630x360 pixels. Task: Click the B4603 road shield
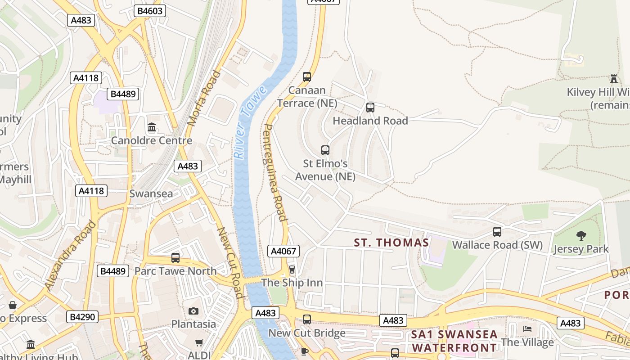point(150,11)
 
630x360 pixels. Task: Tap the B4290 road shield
point(83,317)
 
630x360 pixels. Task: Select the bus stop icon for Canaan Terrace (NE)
point(307,76)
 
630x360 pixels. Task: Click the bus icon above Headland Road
point(370,107)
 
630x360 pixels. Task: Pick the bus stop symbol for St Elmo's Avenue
point(325,150)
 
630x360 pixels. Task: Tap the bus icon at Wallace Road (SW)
point(497,231)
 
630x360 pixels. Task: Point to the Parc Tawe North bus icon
point(175,258)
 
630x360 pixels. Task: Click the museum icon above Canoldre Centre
point(152,127)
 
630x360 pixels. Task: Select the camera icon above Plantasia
point(193,311)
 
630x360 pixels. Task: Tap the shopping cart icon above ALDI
point(199,343)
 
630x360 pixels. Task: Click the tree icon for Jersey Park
point(581,235)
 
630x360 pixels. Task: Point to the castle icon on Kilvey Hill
point(614,79)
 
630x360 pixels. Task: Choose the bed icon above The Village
point(527,329)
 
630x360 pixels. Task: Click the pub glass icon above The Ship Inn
point(292,270)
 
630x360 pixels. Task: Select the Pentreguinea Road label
point(274,173)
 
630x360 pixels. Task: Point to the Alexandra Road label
point(71,255)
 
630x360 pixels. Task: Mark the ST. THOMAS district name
point(391,243)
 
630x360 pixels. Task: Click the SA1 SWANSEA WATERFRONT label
point(454,341)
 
